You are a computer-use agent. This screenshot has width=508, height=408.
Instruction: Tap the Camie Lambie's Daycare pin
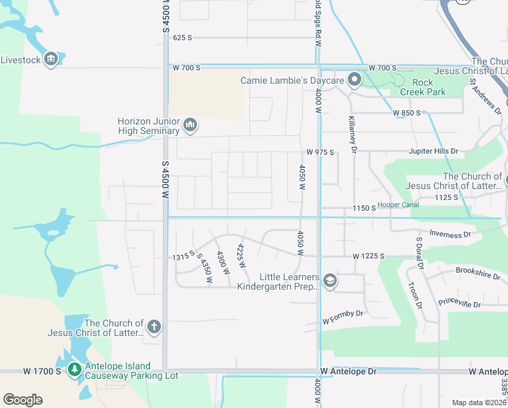pos(354,81)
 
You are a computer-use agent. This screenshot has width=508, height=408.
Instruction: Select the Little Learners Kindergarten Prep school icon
pos(329,282)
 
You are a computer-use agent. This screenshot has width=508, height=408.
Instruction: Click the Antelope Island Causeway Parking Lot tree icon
pos(74,370)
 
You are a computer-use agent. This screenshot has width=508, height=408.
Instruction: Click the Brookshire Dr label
pos(478,277)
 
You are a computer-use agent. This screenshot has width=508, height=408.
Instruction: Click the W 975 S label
pos(320,152)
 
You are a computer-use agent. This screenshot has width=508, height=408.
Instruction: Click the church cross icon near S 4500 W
pos(154,328)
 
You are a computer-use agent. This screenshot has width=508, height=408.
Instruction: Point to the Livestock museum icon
pos(50,60)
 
